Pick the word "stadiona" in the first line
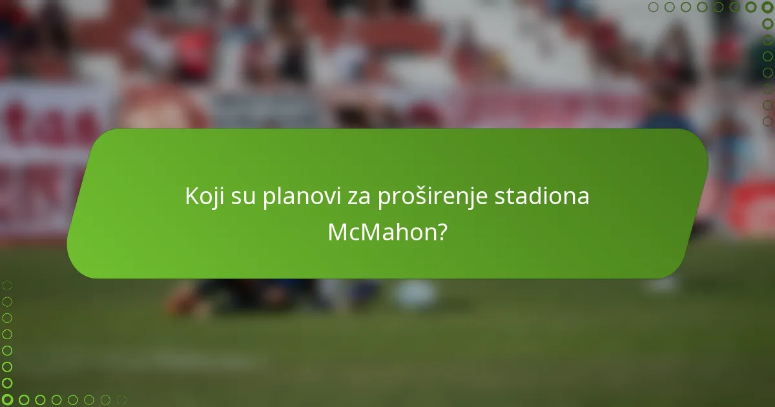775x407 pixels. (x=542, y=196)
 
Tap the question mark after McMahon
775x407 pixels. (x=441, y=232)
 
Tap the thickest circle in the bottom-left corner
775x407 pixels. (x=7, y=400)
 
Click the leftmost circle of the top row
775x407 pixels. (x=653, y=7)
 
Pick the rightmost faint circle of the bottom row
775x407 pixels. (x=121, y=400)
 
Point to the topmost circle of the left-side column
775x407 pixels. (x=7, y=285)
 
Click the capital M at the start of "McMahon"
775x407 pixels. (x=338, y=232)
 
